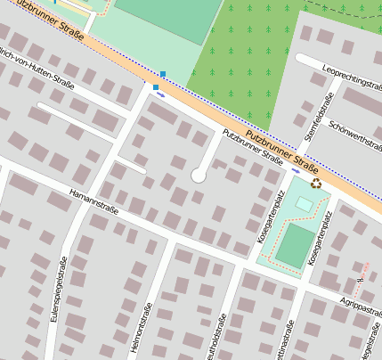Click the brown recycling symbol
[x=316, y=184]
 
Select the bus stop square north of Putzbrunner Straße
[x=163, y=74]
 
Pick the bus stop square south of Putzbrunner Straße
[x=155, y=87]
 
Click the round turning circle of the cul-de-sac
[x=198, y=176]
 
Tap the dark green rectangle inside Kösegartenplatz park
[x=293, y=245]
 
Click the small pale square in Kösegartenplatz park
[x=305, y=205]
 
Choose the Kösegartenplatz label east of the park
[x=318, y=240]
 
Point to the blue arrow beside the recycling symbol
[x=296, y=169]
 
